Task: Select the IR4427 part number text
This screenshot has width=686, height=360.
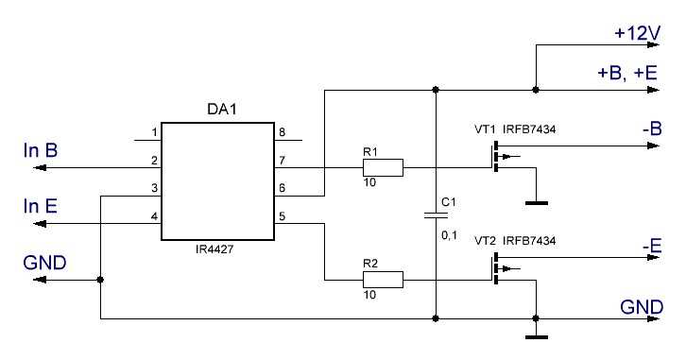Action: [x=221, y=252]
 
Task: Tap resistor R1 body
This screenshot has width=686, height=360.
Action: [x=383, y=168]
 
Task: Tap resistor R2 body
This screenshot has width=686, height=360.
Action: [x=383, y=279]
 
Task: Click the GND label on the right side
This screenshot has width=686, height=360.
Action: [x=642, y=307]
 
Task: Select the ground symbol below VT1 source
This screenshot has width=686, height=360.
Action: [x=536, y=200]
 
